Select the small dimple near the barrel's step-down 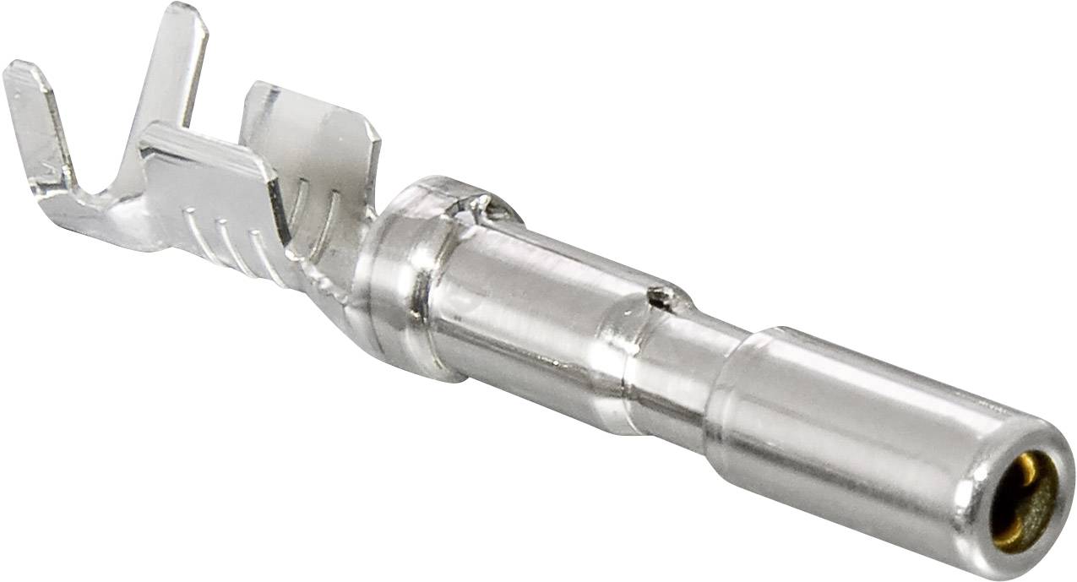pos(658,295)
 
